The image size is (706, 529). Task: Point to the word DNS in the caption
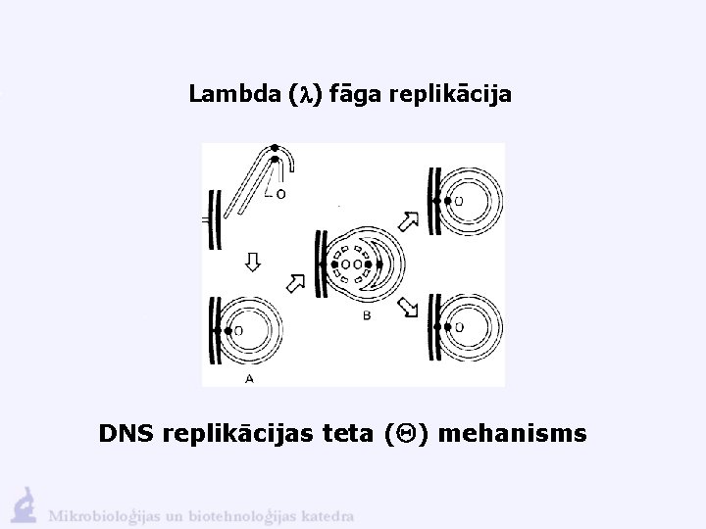coord(126,432)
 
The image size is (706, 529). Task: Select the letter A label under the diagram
coord(251,377)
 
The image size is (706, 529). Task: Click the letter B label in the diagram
coord(365,316)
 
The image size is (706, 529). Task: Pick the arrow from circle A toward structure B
coord(294,283)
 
